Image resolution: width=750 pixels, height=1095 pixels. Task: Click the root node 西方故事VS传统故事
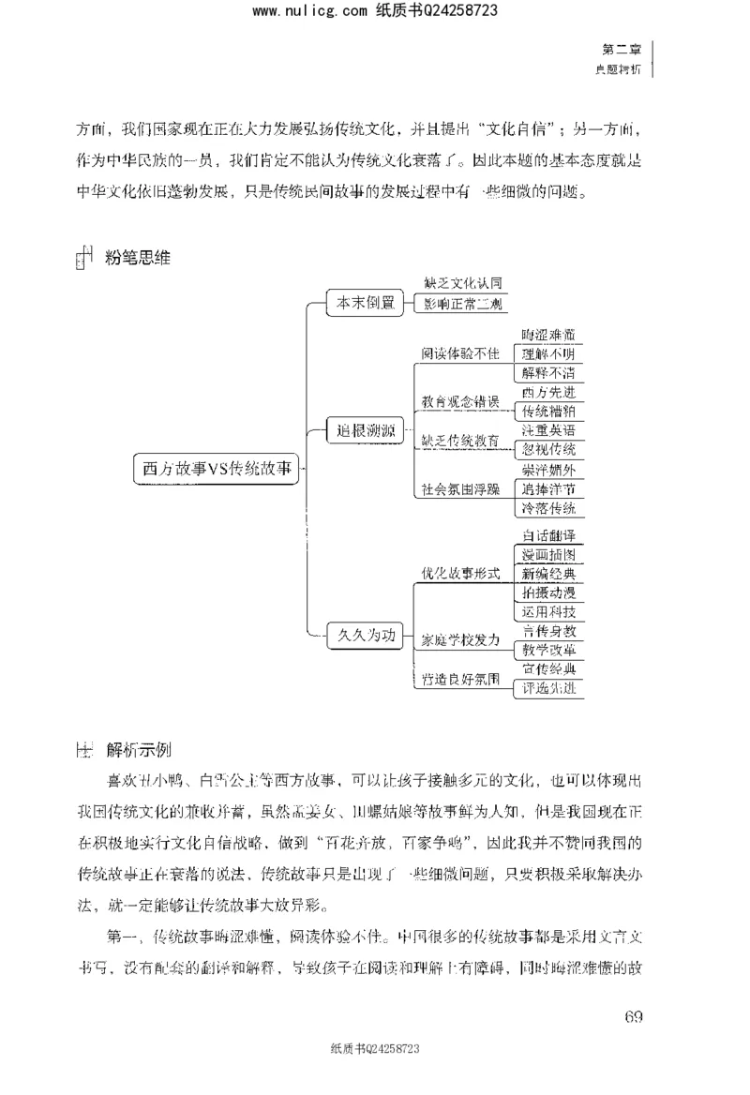(218, 470)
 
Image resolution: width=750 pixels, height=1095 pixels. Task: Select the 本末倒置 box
(364, 302)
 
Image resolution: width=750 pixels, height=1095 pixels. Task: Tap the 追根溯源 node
(364, 432)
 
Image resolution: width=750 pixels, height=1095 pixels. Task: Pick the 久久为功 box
(364, 636)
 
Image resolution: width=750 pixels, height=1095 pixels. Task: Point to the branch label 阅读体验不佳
(460, 354)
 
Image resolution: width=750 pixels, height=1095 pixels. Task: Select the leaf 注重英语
(548, 428)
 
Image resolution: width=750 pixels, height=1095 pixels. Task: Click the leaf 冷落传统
(548, 508)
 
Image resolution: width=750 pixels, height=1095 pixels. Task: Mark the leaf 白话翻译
(548, 535)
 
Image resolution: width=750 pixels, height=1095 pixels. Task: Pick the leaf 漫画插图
(548, 554)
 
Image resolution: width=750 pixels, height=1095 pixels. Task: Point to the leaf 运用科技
(548, 612)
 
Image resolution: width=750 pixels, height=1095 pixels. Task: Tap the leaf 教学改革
(548, 650)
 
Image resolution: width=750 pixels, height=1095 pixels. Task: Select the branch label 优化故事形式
(460, 573)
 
